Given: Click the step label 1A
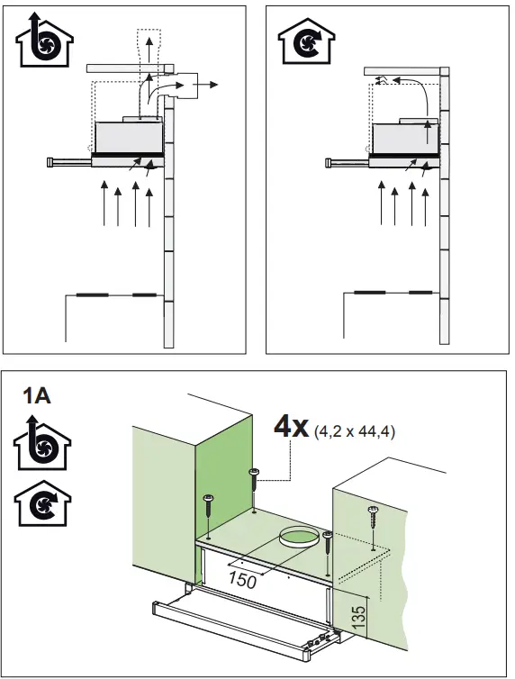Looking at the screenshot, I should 37,394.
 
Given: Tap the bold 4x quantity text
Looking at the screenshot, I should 292,427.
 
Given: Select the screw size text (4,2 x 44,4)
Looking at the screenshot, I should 355,432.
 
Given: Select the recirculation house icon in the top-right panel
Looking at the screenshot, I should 303,41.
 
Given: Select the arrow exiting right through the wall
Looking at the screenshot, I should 208,84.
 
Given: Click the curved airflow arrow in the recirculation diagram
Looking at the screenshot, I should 410,91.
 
